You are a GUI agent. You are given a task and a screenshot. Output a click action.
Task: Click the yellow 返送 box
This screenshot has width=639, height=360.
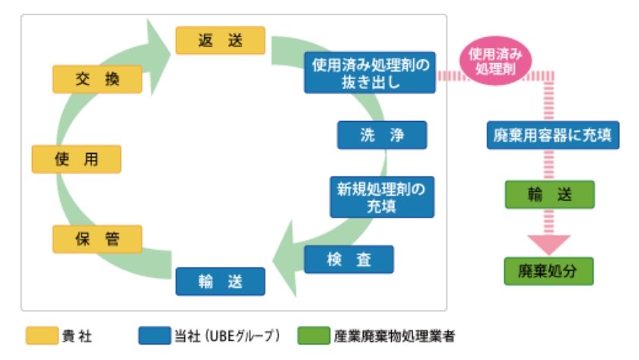pyautogui.click(x=220, y=40)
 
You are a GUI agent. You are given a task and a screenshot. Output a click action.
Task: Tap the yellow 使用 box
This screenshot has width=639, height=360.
pyautogui.click(x=76, y=159)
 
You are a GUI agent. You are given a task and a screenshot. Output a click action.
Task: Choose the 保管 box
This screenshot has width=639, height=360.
pyautogui.click(x=97, y=239)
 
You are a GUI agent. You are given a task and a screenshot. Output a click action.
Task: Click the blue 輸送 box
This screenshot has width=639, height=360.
pyautogui.click(x=220, y=280)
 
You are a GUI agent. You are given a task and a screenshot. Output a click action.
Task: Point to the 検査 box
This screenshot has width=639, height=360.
pyautogui.click(x=349, y=260)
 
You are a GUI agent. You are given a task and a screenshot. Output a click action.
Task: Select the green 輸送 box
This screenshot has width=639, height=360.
pyautogui.click(x=548, y=195)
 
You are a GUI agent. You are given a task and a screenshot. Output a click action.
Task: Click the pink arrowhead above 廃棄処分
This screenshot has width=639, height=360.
pyautogui.click(x=548, y=243)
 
